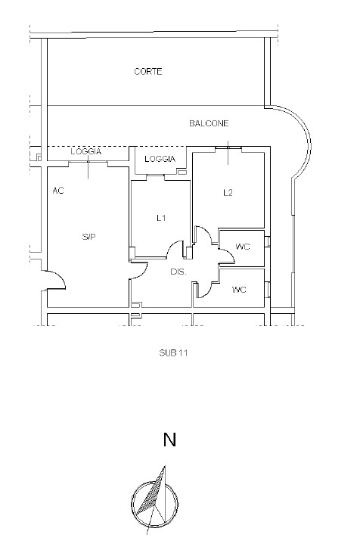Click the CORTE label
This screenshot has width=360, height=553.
pyautogui.click(x=148, y=72)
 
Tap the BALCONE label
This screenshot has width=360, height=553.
pyautogui.click(x=209, y=123)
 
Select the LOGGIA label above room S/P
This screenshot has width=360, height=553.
pyautogui.click(x=86, y=151)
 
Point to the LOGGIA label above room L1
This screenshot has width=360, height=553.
pyautogui.click(x=160, y=159)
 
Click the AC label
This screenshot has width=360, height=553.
pyautogui.click(x=58, y=191)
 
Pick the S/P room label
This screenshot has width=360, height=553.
pyautogui.click(x=88, y=237)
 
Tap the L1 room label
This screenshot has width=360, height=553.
pyautogui.click(x=161, y=219)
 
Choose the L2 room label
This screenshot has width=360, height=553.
pyautogui.click(x=228, y=193)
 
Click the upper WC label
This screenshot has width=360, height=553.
pyautogui.click(x=243, y=247)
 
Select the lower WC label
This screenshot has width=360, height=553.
pyautogui.click(x=239, y=290)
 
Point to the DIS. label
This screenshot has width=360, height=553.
pyautogui.click(x=178, y=272)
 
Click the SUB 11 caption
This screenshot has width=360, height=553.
pyautogui.click(x=173, y=353)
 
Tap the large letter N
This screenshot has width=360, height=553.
pyautogui.click(x=169, y=440)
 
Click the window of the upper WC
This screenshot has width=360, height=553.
pyautogui.click(x=268, y=241)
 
